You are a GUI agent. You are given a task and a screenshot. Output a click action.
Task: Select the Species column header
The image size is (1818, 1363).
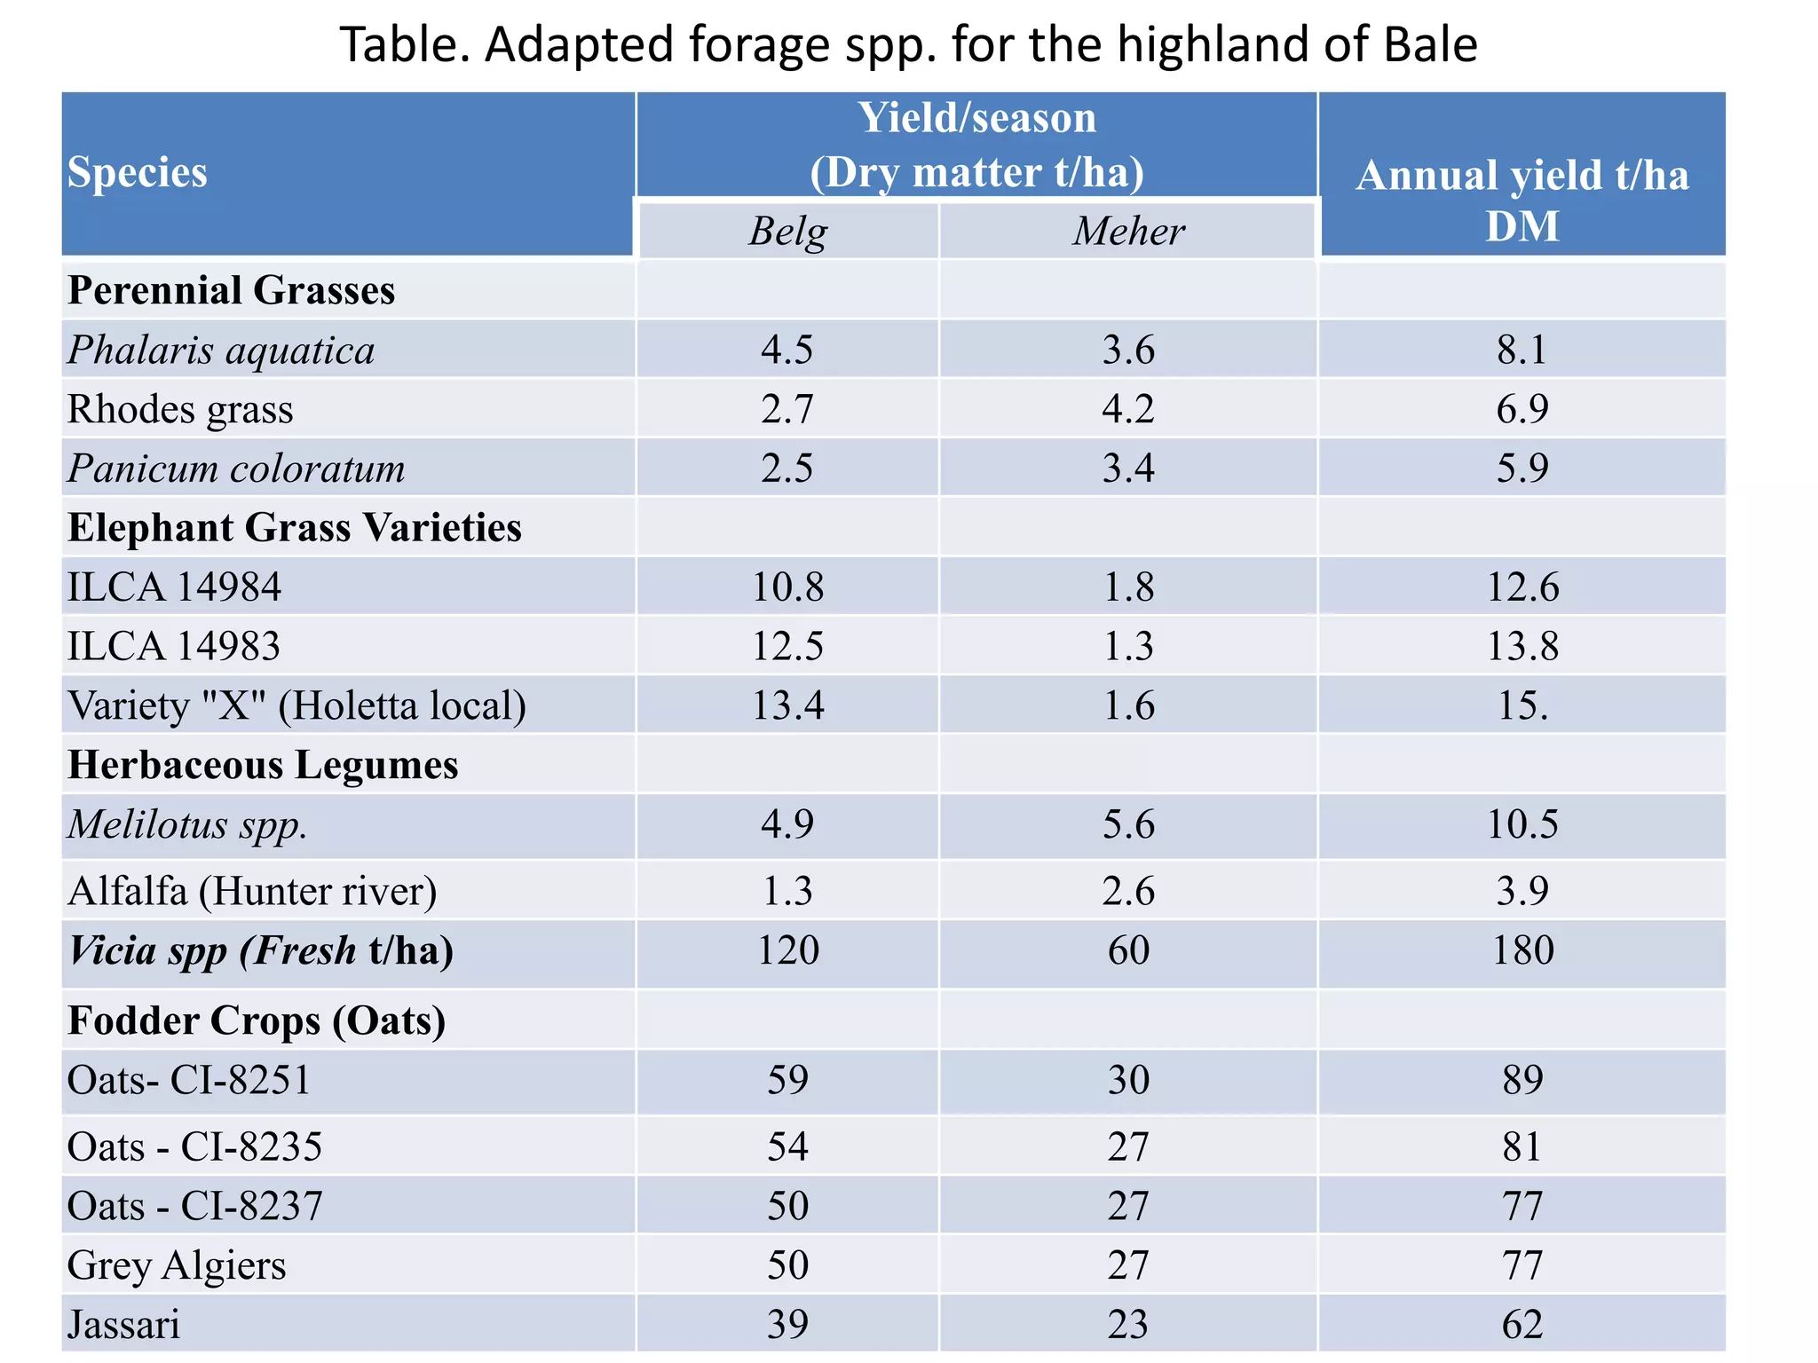click(138, 172)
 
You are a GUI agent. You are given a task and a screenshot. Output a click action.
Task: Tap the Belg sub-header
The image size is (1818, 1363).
click(787, 232)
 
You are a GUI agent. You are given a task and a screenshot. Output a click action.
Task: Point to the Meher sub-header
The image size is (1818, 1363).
click(1128, 232)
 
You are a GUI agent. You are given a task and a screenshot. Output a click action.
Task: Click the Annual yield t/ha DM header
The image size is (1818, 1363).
click(1522, 201)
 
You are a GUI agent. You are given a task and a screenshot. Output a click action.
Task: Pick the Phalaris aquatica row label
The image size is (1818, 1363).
click(221, 350)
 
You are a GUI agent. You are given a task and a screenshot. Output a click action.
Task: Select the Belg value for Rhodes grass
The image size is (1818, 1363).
click(787, 409)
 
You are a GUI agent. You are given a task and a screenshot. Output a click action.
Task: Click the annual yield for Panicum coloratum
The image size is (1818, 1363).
click(1522, 468)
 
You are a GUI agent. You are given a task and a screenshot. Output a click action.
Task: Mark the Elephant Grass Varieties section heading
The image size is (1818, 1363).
click(295, 528)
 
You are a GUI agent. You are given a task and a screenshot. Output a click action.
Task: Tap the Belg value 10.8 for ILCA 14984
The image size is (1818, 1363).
click(787, 587)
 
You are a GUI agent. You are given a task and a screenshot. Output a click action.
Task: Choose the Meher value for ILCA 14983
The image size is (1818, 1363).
click(1128, 646)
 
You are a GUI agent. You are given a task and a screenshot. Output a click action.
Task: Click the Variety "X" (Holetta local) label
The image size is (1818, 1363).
click(296, 706)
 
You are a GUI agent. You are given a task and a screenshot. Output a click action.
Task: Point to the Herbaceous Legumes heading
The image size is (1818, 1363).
click(263, 765)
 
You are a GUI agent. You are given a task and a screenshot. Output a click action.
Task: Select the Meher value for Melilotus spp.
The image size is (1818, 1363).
click(1128, 824)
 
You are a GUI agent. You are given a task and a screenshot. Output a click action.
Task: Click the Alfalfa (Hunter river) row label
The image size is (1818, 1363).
click(252, 891)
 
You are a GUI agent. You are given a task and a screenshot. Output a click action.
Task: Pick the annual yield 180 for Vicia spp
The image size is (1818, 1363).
click(1522, 950)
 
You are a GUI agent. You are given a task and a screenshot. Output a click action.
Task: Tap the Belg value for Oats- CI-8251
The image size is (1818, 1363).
click(787, 1080)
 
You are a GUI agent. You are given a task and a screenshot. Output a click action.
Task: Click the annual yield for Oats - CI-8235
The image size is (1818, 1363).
click(1522, 1146)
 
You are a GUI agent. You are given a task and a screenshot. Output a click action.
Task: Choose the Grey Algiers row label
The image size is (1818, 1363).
click(177, 1265)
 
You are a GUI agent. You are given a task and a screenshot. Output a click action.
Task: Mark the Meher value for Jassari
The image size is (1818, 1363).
click(1128, 1325)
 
